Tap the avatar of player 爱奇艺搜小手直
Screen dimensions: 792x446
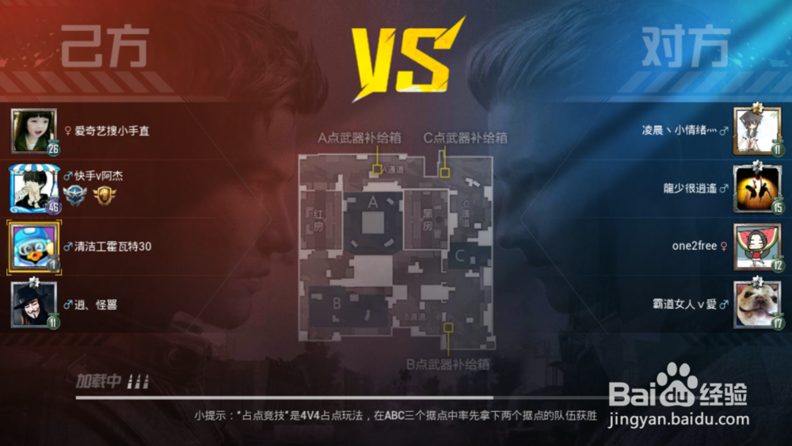click(33, 131)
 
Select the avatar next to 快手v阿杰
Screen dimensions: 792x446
click(33, 189)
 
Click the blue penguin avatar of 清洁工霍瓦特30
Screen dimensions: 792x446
click(33, 246)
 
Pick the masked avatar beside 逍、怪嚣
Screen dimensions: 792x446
click(33, 304)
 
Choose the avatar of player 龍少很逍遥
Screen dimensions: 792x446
click(756, 189)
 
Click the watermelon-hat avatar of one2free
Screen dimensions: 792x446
click(756, 246)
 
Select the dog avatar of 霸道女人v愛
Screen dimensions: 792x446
click(756, 304)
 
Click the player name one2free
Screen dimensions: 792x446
click(694, 246)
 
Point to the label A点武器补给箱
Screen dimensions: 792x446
click(360, 138)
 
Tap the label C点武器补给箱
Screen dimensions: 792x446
click(466, 138)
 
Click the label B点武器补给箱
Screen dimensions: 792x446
click(448, 364)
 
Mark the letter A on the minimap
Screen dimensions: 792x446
click(373, 202)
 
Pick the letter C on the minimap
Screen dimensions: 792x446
click(459, 255)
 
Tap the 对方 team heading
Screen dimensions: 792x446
click(685, 48)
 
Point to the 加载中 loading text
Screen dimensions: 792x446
click(98, 381)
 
